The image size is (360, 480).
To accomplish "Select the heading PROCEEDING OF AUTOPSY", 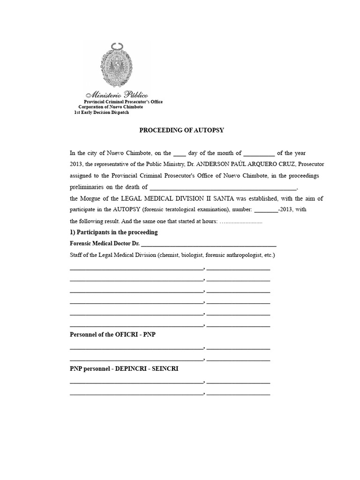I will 181,130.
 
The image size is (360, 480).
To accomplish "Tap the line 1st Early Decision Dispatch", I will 101,112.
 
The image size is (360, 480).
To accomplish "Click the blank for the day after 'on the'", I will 180,153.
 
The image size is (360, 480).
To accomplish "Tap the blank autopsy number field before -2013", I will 266,210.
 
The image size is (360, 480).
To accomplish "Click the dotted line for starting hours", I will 241,221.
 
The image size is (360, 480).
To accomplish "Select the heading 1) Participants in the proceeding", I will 113,232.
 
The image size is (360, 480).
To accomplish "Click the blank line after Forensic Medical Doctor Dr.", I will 208,244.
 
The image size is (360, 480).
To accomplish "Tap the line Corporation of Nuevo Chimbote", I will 111,107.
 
